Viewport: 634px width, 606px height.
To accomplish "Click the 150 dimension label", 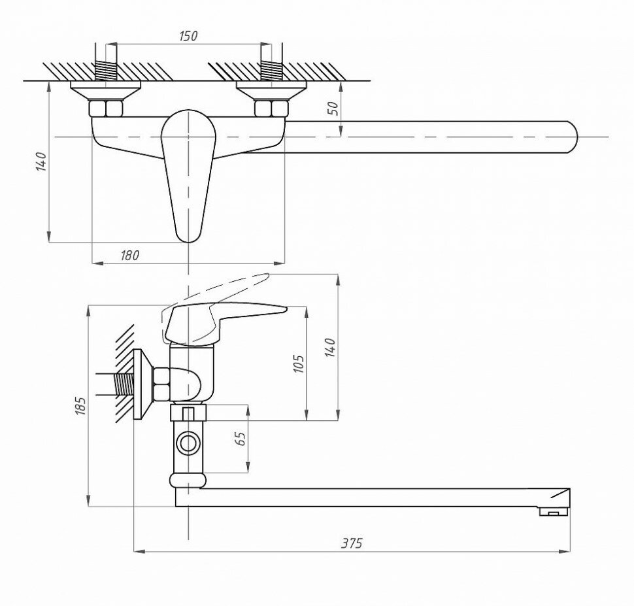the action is (188, 36).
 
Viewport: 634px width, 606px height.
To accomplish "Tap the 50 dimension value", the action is (333, 109).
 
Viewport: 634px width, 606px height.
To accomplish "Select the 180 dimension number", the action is (130, 256).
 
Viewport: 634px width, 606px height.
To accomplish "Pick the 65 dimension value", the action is (239, 439).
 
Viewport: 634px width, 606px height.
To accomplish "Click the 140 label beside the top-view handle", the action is (41, 161).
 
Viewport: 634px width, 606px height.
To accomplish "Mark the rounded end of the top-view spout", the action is (571, 137).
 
